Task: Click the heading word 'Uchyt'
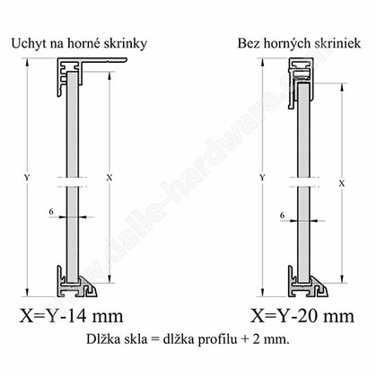[29, 44]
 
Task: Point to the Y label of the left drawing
[27, 178]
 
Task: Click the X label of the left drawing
[110, 178]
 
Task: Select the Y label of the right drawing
[262, 178]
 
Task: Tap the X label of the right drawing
[341, 183]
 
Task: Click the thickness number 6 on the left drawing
[51, 212]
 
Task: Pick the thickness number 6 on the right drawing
[283, 215]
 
